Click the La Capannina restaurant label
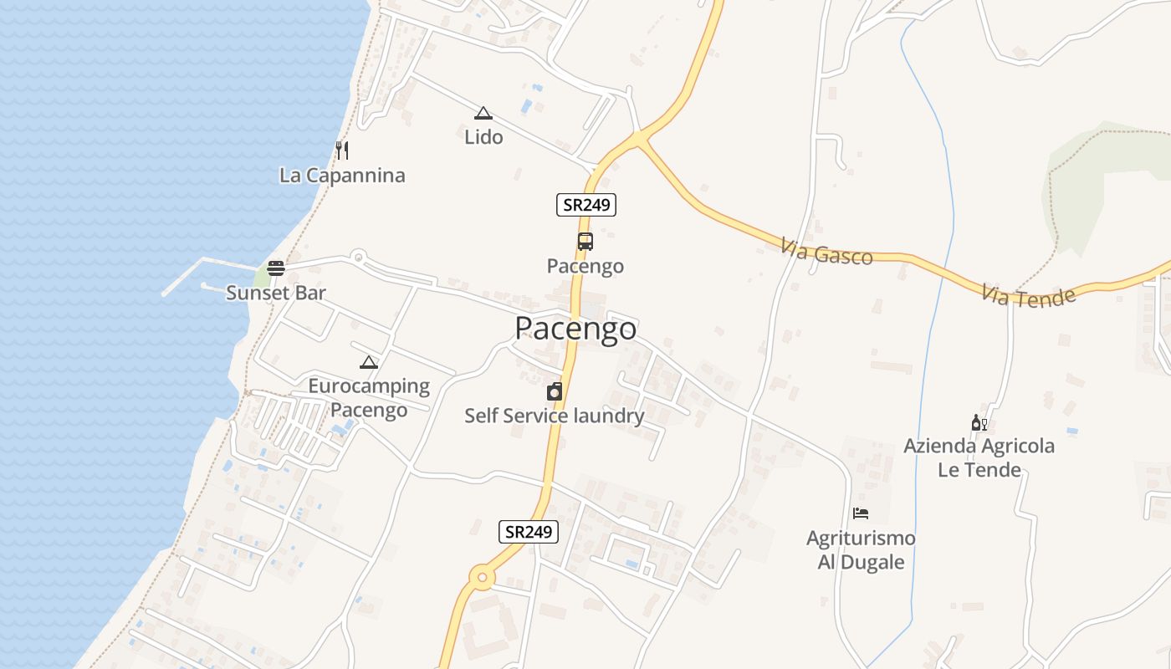click(x=342, y=176)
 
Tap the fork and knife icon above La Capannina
click(x=341, y=151)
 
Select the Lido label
click(x=483, y=136)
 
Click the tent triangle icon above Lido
click(x=483, y=113)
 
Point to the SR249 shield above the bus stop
click(x=586, y=204)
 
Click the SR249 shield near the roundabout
click(x=529, y=531)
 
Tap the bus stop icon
click(x=585, y=242)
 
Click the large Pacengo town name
click(x=575, y=329)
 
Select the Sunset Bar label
click(x=276, y=293)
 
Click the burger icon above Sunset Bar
click(x=276, y=268)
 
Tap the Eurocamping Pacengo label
click(x=369, y=398)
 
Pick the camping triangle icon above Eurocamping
click(x=369, y=363)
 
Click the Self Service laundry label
click(x=555, y=416)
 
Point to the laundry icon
click(x=555, y=391)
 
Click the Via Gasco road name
click(x=826, y=252)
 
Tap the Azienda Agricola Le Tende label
click(x=979, y=457)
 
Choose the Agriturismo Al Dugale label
click(x=861, y=549)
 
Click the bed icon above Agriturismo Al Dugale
click(x=861, y=513)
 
